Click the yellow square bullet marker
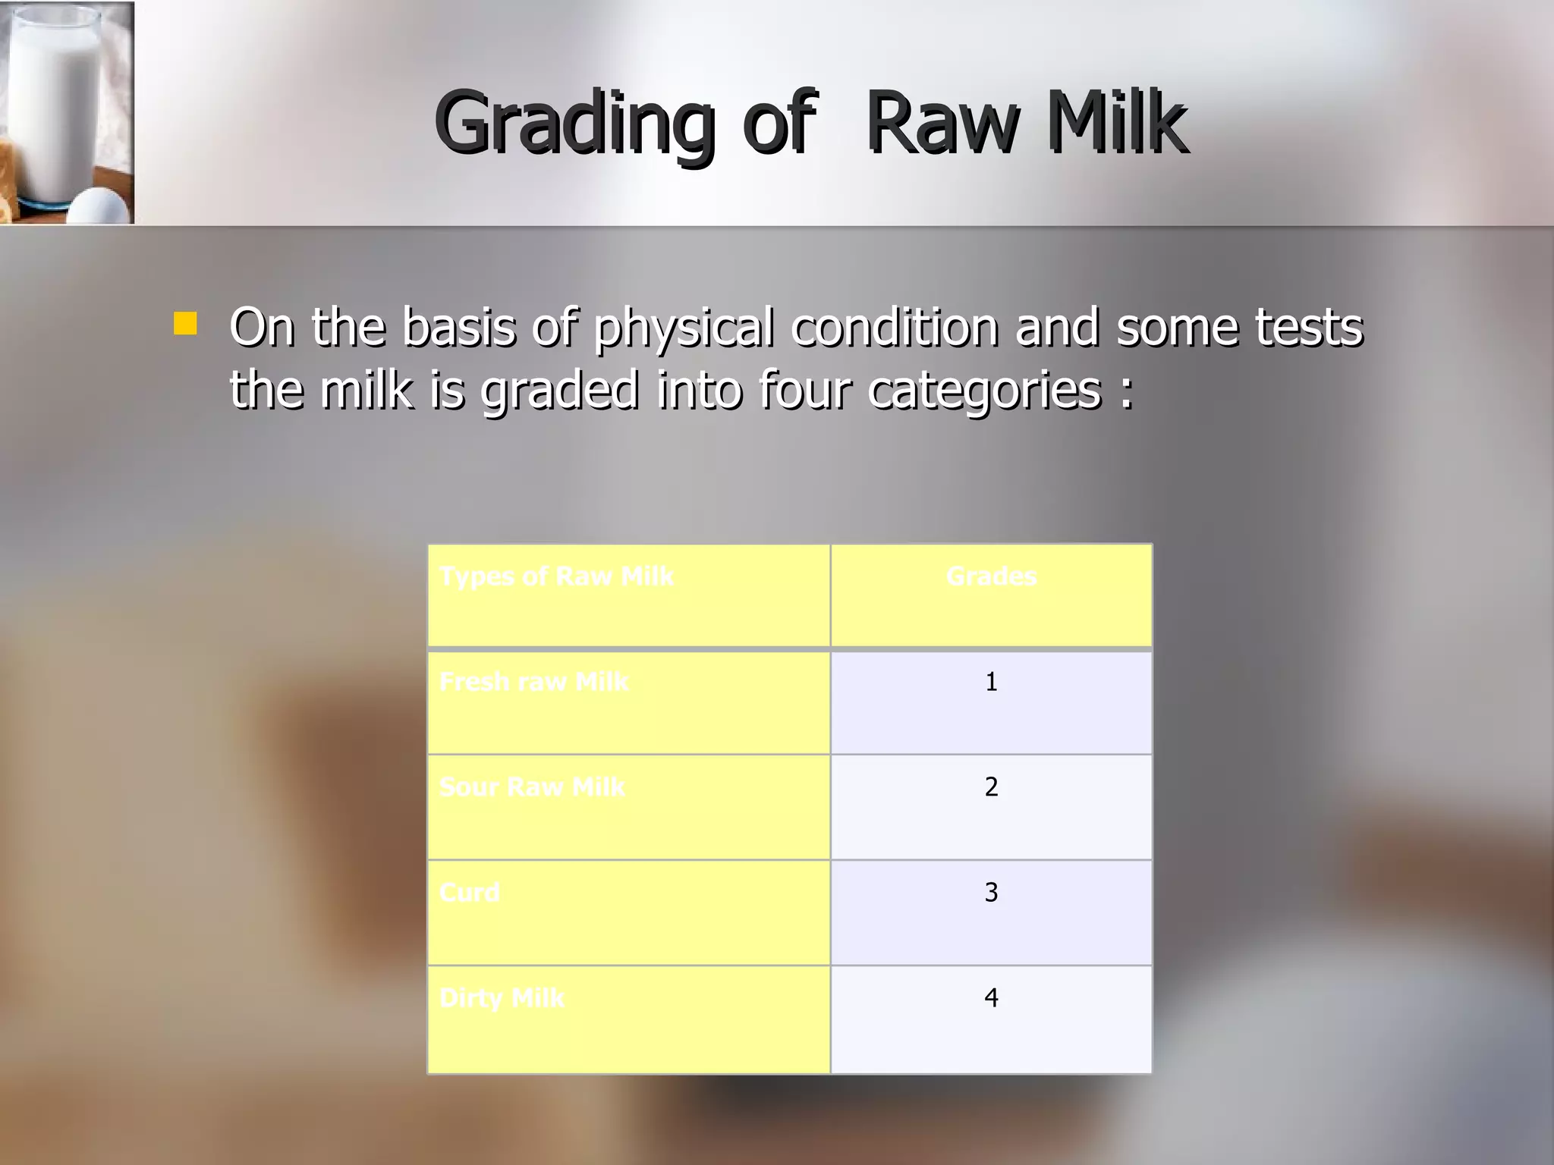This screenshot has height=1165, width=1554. pyautogui.click(x=185, y=324)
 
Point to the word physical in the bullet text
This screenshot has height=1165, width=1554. pyautogui.click(x=683, y=328)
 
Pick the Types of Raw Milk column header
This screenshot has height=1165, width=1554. pyautogui.click(x=556, y=576)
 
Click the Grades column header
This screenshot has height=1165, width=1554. pyautogui.click(x=991, y=576)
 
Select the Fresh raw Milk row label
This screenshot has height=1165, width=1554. pyautogui.click(x=533, y=682)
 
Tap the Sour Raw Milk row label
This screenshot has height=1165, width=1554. pyautogui.click(x=532, y=787)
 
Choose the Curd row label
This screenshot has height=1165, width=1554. pyautogui.click(x=469, y=893)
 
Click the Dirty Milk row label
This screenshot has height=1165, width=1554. pyautogui.click(x=502, y=998)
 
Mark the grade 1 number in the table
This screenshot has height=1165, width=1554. pyautogui.click(x=991, y=682)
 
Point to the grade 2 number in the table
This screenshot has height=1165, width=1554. pyautogui.click(x=991, y=787)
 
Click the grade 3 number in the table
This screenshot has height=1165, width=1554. pyautogui.click(x=991, y=893)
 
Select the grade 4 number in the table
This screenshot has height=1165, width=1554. pyautogui.click(x=991, y=998)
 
